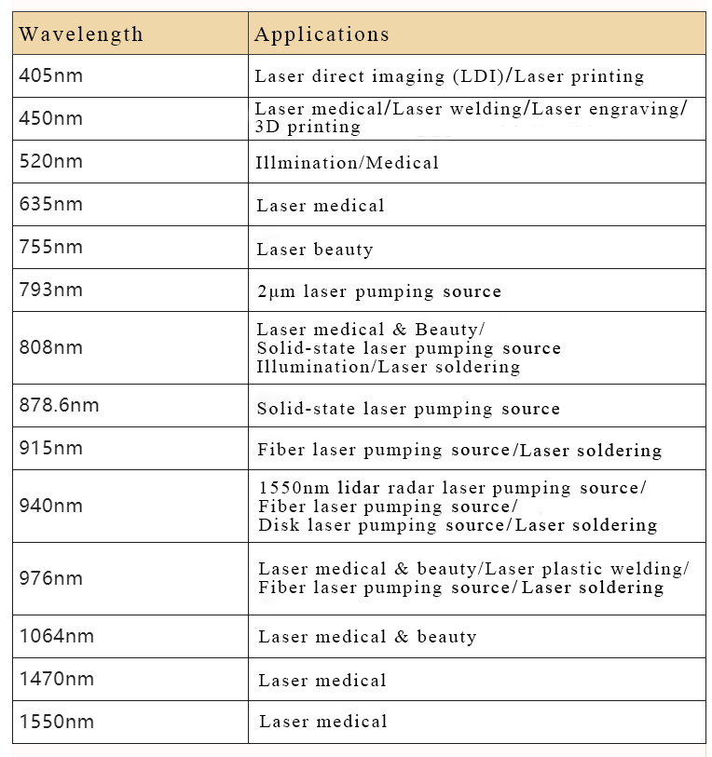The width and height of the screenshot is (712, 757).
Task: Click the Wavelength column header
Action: (x=81, y=35)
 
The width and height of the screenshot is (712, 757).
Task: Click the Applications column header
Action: (x=322, y=35)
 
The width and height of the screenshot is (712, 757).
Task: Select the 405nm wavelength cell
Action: (x=51, y=75)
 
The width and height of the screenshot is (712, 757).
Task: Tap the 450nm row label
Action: (x=51, y=118)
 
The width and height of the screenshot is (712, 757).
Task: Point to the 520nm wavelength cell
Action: (x=51, y=161)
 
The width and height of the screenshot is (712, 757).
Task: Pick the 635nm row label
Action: (x=51, y=204)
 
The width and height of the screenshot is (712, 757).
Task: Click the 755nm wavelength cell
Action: (x=51, y=247)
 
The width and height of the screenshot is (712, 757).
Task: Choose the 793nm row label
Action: (x=51, y=290)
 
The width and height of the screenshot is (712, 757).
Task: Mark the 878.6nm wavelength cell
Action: (x=59, y=405)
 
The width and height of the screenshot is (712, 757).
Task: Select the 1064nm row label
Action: (x=57, y=636)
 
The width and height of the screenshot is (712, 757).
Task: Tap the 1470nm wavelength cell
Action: (x=57, y=679)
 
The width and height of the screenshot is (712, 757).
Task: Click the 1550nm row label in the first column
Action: (x=57, y=722)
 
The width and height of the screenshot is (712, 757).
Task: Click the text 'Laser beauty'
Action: (x=315, y=250)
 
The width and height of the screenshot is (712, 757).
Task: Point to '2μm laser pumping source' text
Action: (x=378, y=291)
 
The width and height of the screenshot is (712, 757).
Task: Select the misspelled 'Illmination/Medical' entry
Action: (x=347, y=163)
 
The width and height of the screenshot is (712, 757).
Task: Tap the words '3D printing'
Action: (x=308, y=127)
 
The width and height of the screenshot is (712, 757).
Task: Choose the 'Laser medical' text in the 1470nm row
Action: (x=322, y=681)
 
